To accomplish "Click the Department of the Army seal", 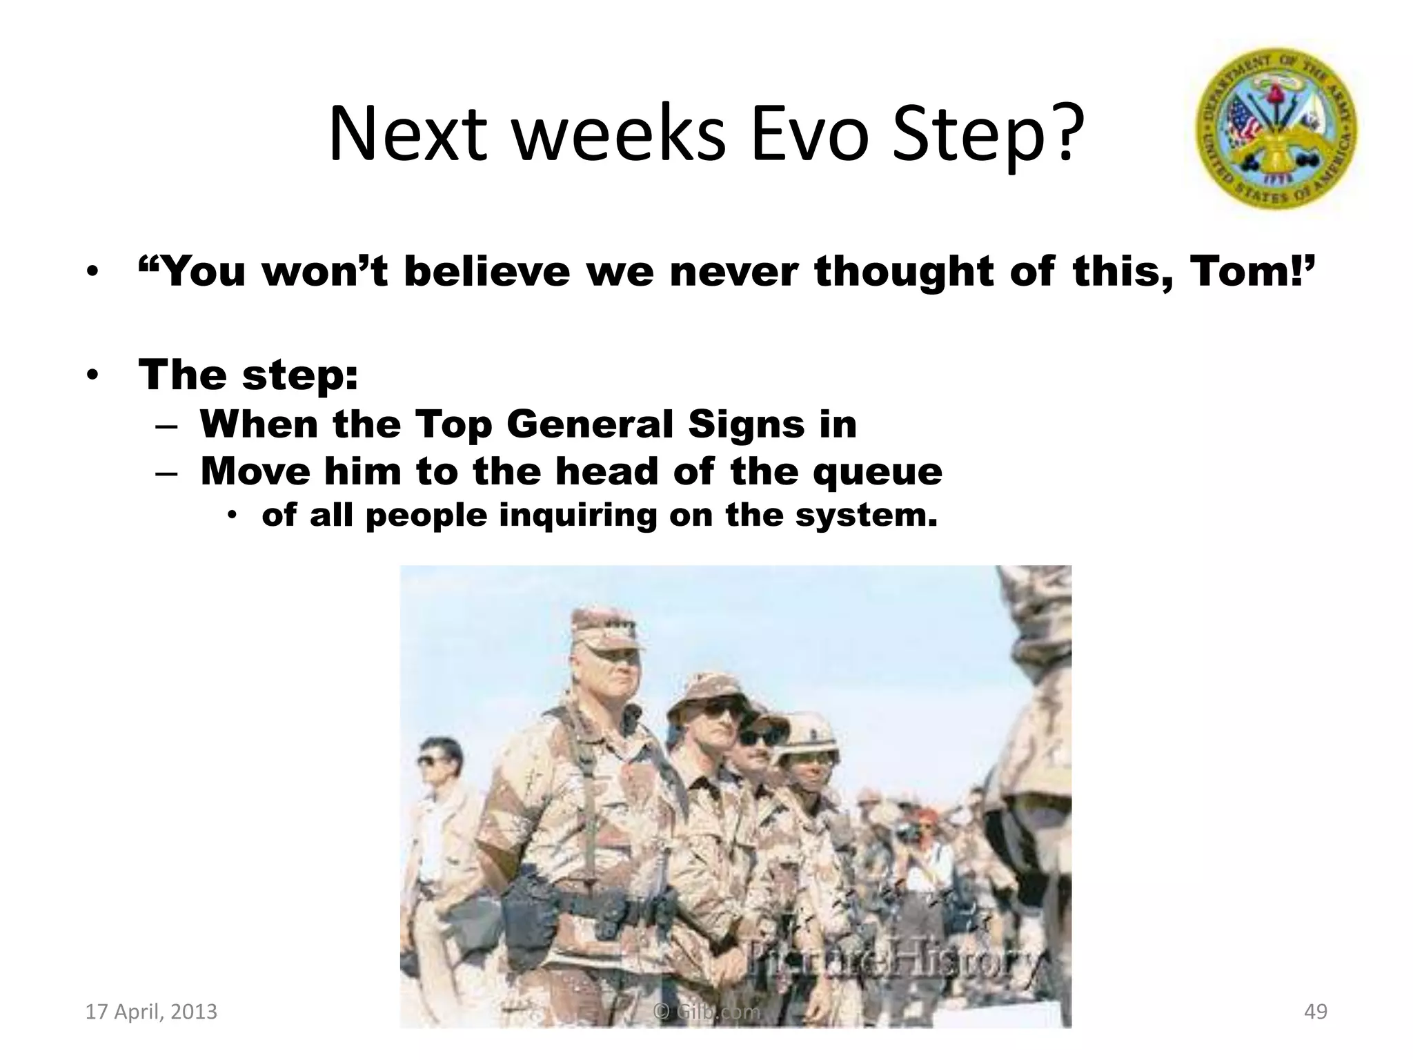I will coord(1276,129).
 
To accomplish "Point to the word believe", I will coord(486,271).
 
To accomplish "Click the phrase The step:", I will coord(248,375).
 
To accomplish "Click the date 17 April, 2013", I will coord(150,1012).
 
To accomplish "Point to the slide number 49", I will coord(1316,1012).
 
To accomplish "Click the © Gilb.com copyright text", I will coord(706,1012).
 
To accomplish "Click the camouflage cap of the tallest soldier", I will coord(607,625).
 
